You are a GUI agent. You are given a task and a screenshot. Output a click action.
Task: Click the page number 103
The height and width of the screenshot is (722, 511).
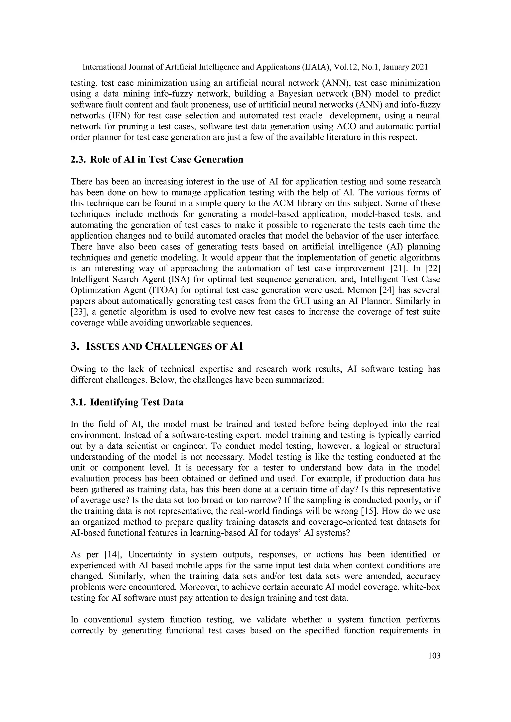pos(434,656)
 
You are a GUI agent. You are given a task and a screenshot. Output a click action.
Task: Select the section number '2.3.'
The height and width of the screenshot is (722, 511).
pos(78,160)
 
